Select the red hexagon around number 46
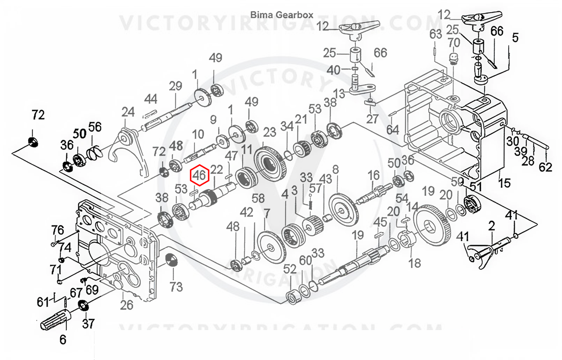[200, 175]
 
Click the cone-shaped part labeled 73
[173, 260]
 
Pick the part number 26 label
[126, 305]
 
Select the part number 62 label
[546, 166]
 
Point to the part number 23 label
[270, 132]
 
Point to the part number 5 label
[515, 37]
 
